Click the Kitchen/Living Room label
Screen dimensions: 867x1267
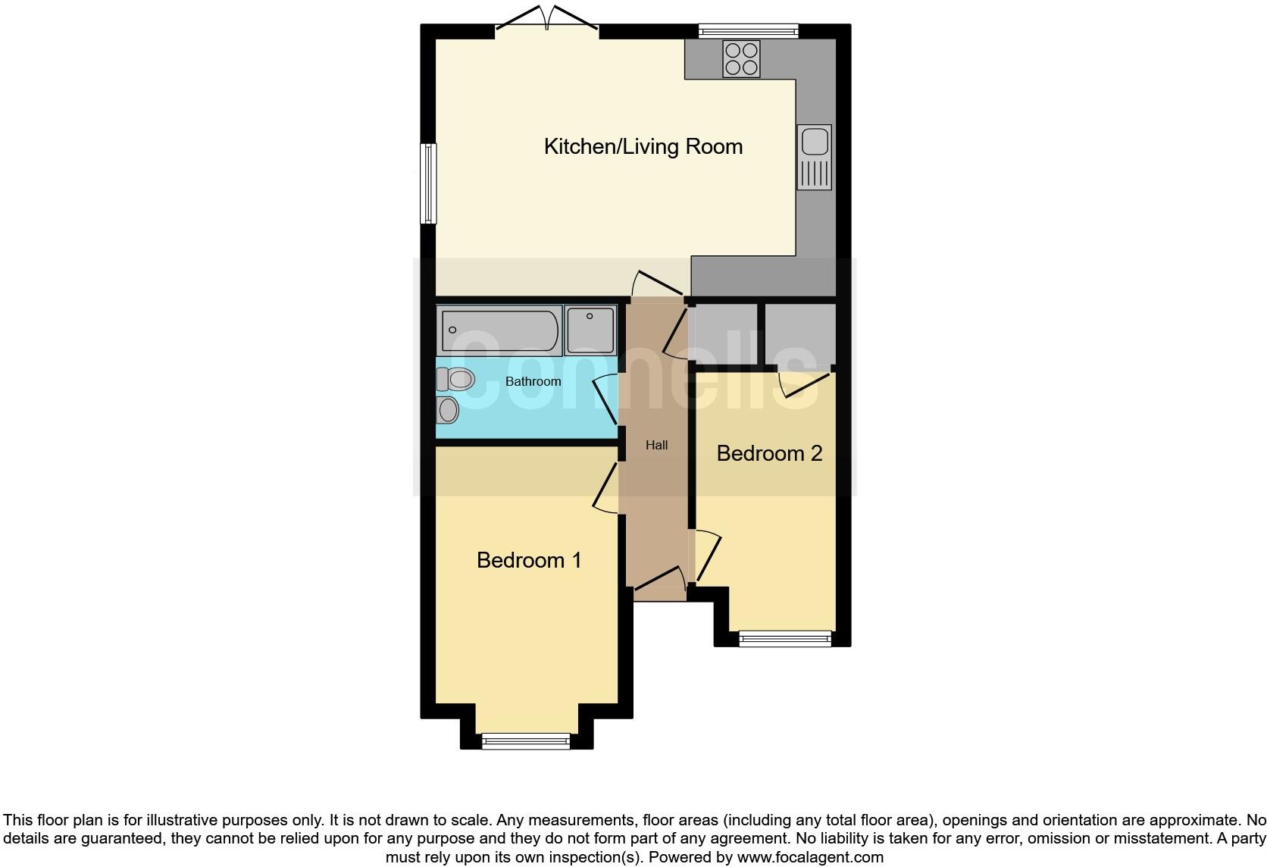coord(643,146)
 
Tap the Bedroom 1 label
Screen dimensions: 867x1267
coord(529,560)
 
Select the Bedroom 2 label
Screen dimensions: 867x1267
coord(769,453)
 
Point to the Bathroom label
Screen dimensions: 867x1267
coord(533,381)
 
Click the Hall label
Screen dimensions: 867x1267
coord(656,445)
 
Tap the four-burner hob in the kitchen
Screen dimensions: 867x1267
coord(741,59)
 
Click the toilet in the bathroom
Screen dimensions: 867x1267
coord(455,378)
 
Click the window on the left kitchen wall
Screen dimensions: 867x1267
coord(429,183)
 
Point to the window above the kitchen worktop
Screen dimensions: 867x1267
coord(748,31)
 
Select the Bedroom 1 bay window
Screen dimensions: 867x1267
coord(526,740)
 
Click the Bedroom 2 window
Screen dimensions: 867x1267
coord(784,639)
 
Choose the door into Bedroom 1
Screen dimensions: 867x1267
coord(607,489)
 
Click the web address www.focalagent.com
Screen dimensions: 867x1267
coord(809,857)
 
